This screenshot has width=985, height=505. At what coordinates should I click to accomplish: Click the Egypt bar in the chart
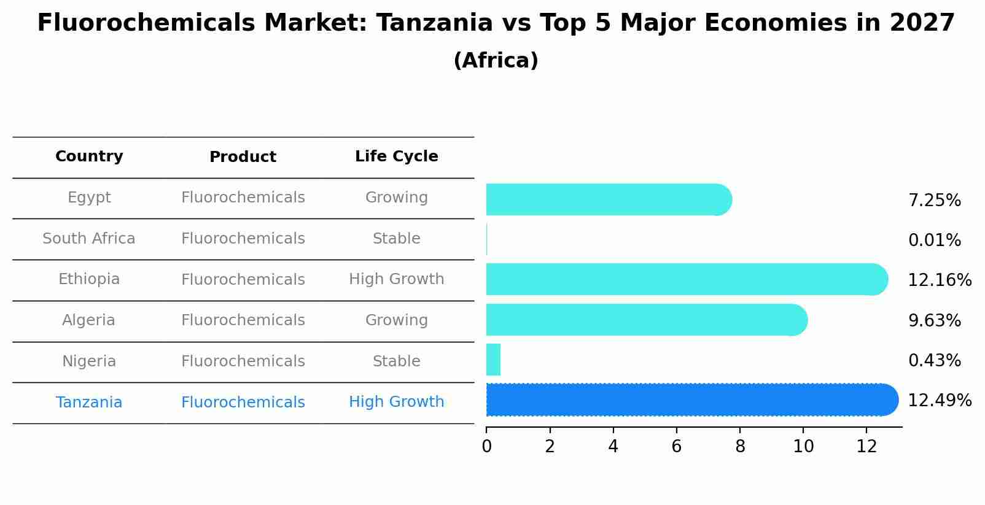tap(608, 199)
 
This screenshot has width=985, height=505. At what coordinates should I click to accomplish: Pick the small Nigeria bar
tap(493, 360)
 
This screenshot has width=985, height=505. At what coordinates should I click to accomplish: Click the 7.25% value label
tap(934, 201)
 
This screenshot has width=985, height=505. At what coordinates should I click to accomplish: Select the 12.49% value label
tap(939, 401)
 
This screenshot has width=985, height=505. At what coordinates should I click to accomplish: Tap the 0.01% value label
tap(934, 241)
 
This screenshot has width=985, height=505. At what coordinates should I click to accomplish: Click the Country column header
tap(89, 156)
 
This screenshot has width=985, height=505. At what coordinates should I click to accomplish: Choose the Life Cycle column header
tap(396, 156)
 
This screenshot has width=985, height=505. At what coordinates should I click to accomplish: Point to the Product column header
tap(243, 157)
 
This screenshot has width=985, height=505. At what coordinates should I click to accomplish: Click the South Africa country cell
tap(89, 239)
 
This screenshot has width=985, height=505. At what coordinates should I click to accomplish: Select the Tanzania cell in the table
tap(89, 403)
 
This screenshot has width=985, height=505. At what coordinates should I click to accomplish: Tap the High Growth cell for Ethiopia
tap(396, 279)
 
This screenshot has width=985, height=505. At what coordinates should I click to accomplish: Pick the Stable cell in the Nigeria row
tap(396, 361)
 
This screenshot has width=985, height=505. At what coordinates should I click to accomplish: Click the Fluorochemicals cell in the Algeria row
tap(243, 320)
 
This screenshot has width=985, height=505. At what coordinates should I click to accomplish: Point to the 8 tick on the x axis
tap(740, 447)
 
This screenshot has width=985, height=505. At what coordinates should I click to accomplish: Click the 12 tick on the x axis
tap(866, 447)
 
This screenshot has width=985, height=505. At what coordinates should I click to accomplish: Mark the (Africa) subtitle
tap(496, 61)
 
